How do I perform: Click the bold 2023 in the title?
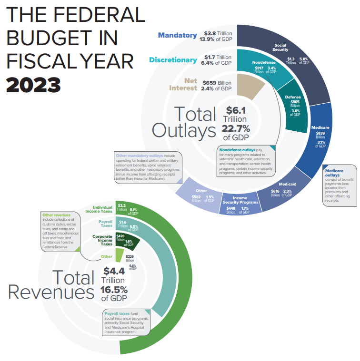(x=33, y=84)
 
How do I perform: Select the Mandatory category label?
(x=177, y=35)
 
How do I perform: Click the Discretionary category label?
(x=172, y=60)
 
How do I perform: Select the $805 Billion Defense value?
(x=295, y=104)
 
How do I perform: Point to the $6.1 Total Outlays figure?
(x=236, y=110)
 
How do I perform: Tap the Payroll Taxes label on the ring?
(x=105, y=224)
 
